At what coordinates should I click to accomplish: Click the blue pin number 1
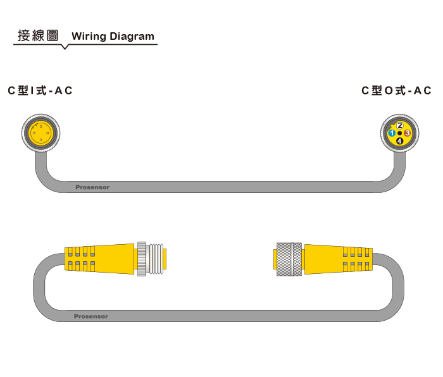(392, 133)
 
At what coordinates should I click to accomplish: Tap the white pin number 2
(400, 125)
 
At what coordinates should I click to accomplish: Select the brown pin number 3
(408, 133)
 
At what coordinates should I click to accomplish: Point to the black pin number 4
(400, 140)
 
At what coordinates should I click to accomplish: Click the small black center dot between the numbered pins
(400, 133)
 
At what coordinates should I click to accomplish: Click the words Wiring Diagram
(113, 36)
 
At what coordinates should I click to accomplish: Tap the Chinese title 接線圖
(38, 35)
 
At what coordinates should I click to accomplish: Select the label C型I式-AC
(40, 90)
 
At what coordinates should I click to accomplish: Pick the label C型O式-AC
(396, 90)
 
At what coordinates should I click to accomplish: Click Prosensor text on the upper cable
(92, 187)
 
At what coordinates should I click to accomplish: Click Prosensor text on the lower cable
(90, 316)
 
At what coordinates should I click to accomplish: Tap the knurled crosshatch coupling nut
(289, 259)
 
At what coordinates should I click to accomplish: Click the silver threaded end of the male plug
(156, 259)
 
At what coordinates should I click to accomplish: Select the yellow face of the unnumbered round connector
(41, 133)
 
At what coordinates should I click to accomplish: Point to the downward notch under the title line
(65, 47)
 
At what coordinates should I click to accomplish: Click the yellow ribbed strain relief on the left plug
(80, 259)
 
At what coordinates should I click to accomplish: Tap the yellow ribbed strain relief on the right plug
(358, 259)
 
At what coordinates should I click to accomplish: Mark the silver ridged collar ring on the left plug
(142, 259)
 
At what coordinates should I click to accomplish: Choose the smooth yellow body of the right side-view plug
(324, 259)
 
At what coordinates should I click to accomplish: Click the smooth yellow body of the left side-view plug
(115, 259)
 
